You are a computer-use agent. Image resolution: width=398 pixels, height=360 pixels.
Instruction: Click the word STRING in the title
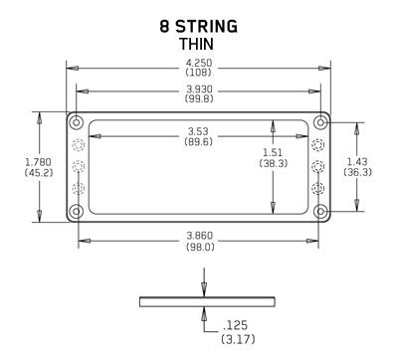tap(206, 27)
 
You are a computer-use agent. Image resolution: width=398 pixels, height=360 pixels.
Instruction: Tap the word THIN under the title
tap(197, 44)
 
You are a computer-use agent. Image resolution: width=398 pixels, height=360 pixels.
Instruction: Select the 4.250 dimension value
tap(199, 63)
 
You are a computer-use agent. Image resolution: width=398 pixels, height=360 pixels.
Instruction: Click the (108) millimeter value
tap(199, 73)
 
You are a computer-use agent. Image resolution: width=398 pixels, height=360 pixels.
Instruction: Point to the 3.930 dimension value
tap(199, 89)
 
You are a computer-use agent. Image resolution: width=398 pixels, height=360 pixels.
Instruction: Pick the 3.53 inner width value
tap(198, 130)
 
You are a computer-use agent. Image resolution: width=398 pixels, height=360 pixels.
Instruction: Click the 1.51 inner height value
tap(273, 152)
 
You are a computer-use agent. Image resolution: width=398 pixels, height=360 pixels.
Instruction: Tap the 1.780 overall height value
tap(39, 162)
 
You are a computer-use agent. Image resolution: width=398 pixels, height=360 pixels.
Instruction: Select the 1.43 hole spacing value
tap(357, 161)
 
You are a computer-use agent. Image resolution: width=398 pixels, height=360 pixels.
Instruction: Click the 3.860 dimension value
tap(200, 236)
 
